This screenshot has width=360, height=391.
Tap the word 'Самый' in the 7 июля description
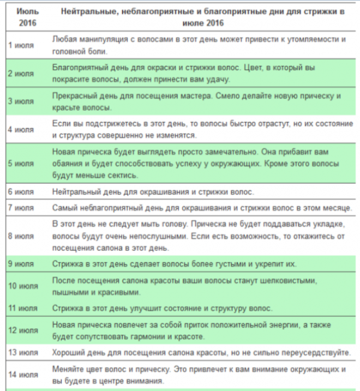tap(68, 208)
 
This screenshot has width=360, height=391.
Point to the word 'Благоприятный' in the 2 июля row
tap(83, 67)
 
